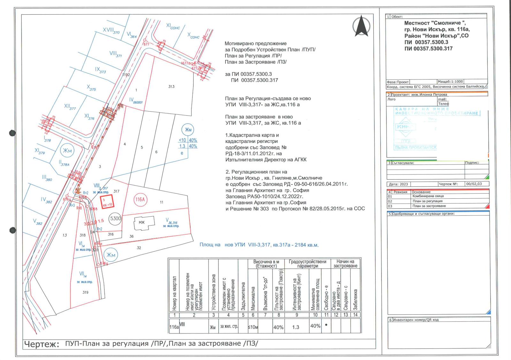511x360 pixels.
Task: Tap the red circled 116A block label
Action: point(140,200)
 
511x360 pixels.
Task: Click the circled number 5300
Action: point(115,218)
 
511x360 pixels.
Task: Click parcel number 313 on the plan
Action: point(172,87)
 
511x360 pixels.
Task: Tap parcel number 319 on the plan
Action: point(85,292)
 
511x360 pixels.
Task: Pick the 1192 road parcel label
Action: point(126,75)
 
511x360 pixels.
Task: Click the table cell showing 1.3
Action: point(296,327)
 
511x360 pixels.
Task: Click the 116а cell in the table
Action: point(174,327)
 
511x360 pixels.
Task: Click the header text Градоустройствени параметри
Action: point(308,264)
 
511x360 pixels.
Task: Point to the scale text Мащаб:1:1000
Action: point(450,82)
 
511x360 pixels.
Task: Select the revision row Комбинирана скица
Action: point(428,196)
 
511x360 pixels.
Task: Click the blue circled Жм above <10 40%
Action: point(188,130)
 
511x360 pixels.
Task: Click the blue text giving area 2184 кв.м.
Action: point(259,245)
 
